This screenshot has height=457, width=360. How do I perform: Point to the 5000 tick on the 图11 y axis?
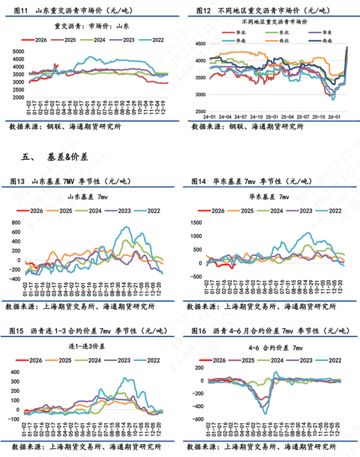click(x=20, y=51)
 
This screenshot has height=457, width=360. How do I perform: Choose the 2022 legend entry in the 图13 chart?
click(x=154, y=211)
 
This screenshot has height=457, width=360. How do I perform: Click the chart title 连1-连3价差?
click(x=88, y=345)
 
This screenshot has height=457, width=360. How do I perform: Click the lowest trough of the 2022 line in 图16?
click(x=265, y=414)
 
